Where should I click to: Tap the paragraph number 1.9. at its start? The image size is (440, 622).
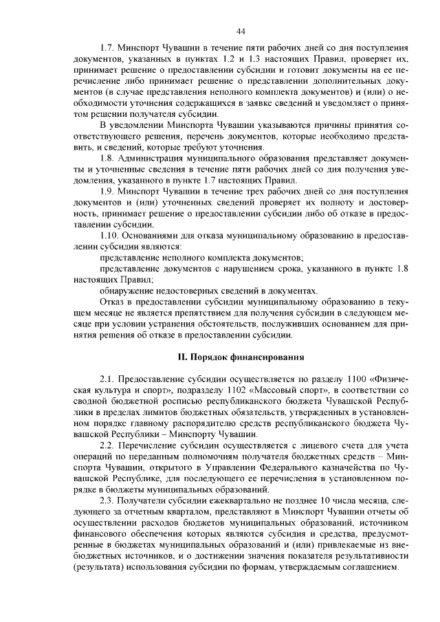coord(108,190)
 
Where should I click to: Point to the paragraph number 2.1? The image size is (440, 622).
coord(108,379)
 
